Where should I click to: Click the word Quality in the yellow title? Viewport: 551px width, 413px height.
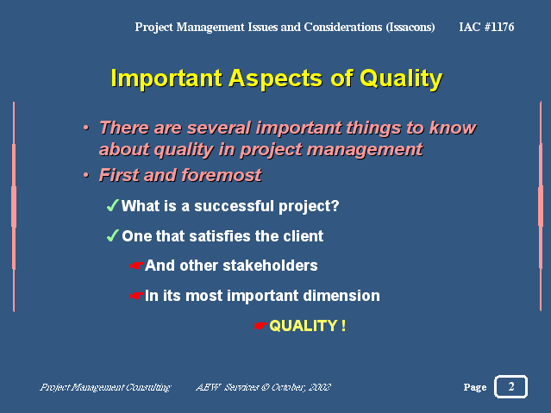click(x=401, y=78)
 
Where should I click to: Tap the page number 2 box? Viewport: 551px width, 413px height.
click(x=510, y=386)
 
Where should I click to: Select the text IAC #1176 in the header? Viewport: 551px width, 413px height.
click(x=486, y=27)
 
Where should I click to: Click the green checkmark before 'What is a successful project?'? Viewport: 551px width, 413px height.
click(x=112, y=205)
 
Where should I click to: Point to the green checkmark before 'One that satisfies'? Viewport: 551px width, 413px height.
click(x=112, y=235)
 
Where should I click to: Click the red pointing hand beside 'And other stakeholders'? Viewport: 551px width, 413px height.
click(x=137, y=266)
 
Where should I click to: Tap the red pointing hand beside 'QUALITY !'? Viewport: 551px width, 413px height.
click(x=260, y=326)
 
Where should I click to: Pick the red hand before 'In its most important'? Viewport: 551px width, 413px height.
click(x=137, y=296)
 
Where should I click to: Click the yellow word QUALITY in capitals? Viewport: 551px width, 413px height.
click(x=304, y=326)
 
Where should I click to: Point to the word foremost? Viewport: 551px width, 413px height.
click(x=222, y=175)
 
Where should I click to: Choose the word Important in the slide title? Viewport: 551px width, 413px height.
click(x=166, y=78)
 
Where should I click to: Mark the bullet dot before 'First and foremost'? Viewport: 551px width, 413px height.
click(x=86, y=175)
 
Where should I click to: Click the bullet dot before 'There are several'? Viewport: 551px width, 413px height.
click(x=86, y=128)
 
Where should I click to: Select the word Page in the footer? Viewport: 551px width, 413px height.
click(x=475, y=387)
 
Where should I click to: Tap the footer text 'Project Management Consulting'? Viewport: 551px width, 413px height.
click(x=105, y=387)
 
